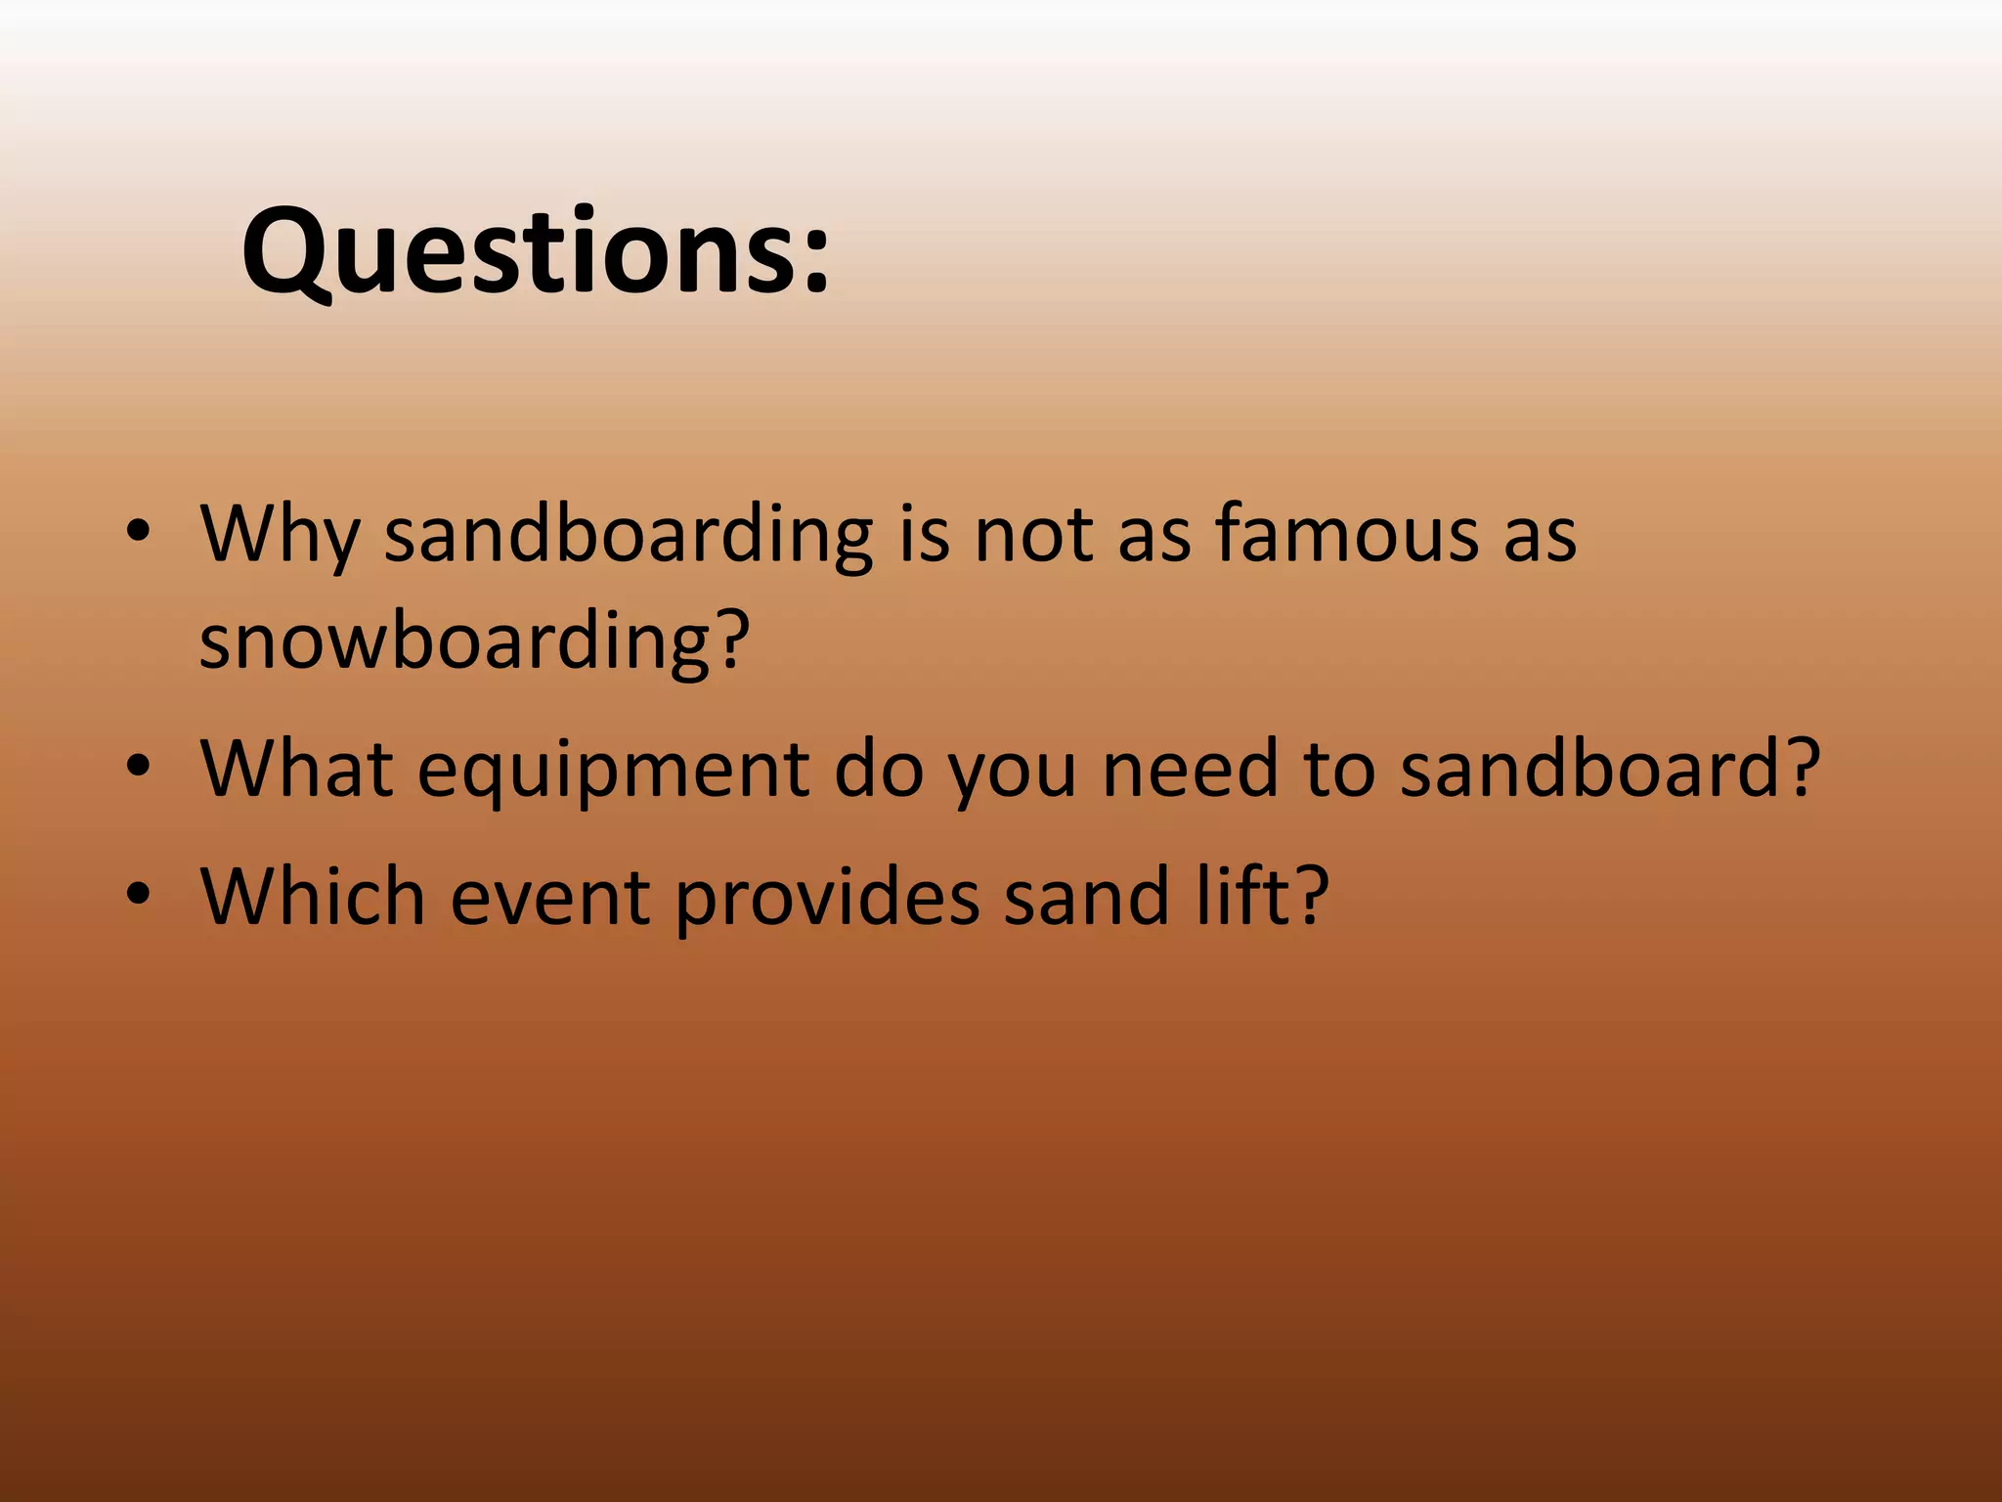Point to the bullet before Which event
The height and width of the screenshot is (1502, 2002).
(x=139, y=893)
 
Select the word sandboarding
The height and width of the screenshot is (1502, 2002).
(x=628, y=536)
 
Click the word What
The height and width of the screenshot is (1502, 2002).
(x=296, y=769)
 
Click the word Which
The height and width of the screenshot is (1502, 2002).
(x=312, y=895)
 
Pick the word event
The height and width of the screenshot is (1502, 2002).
(x=549, y=897)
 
